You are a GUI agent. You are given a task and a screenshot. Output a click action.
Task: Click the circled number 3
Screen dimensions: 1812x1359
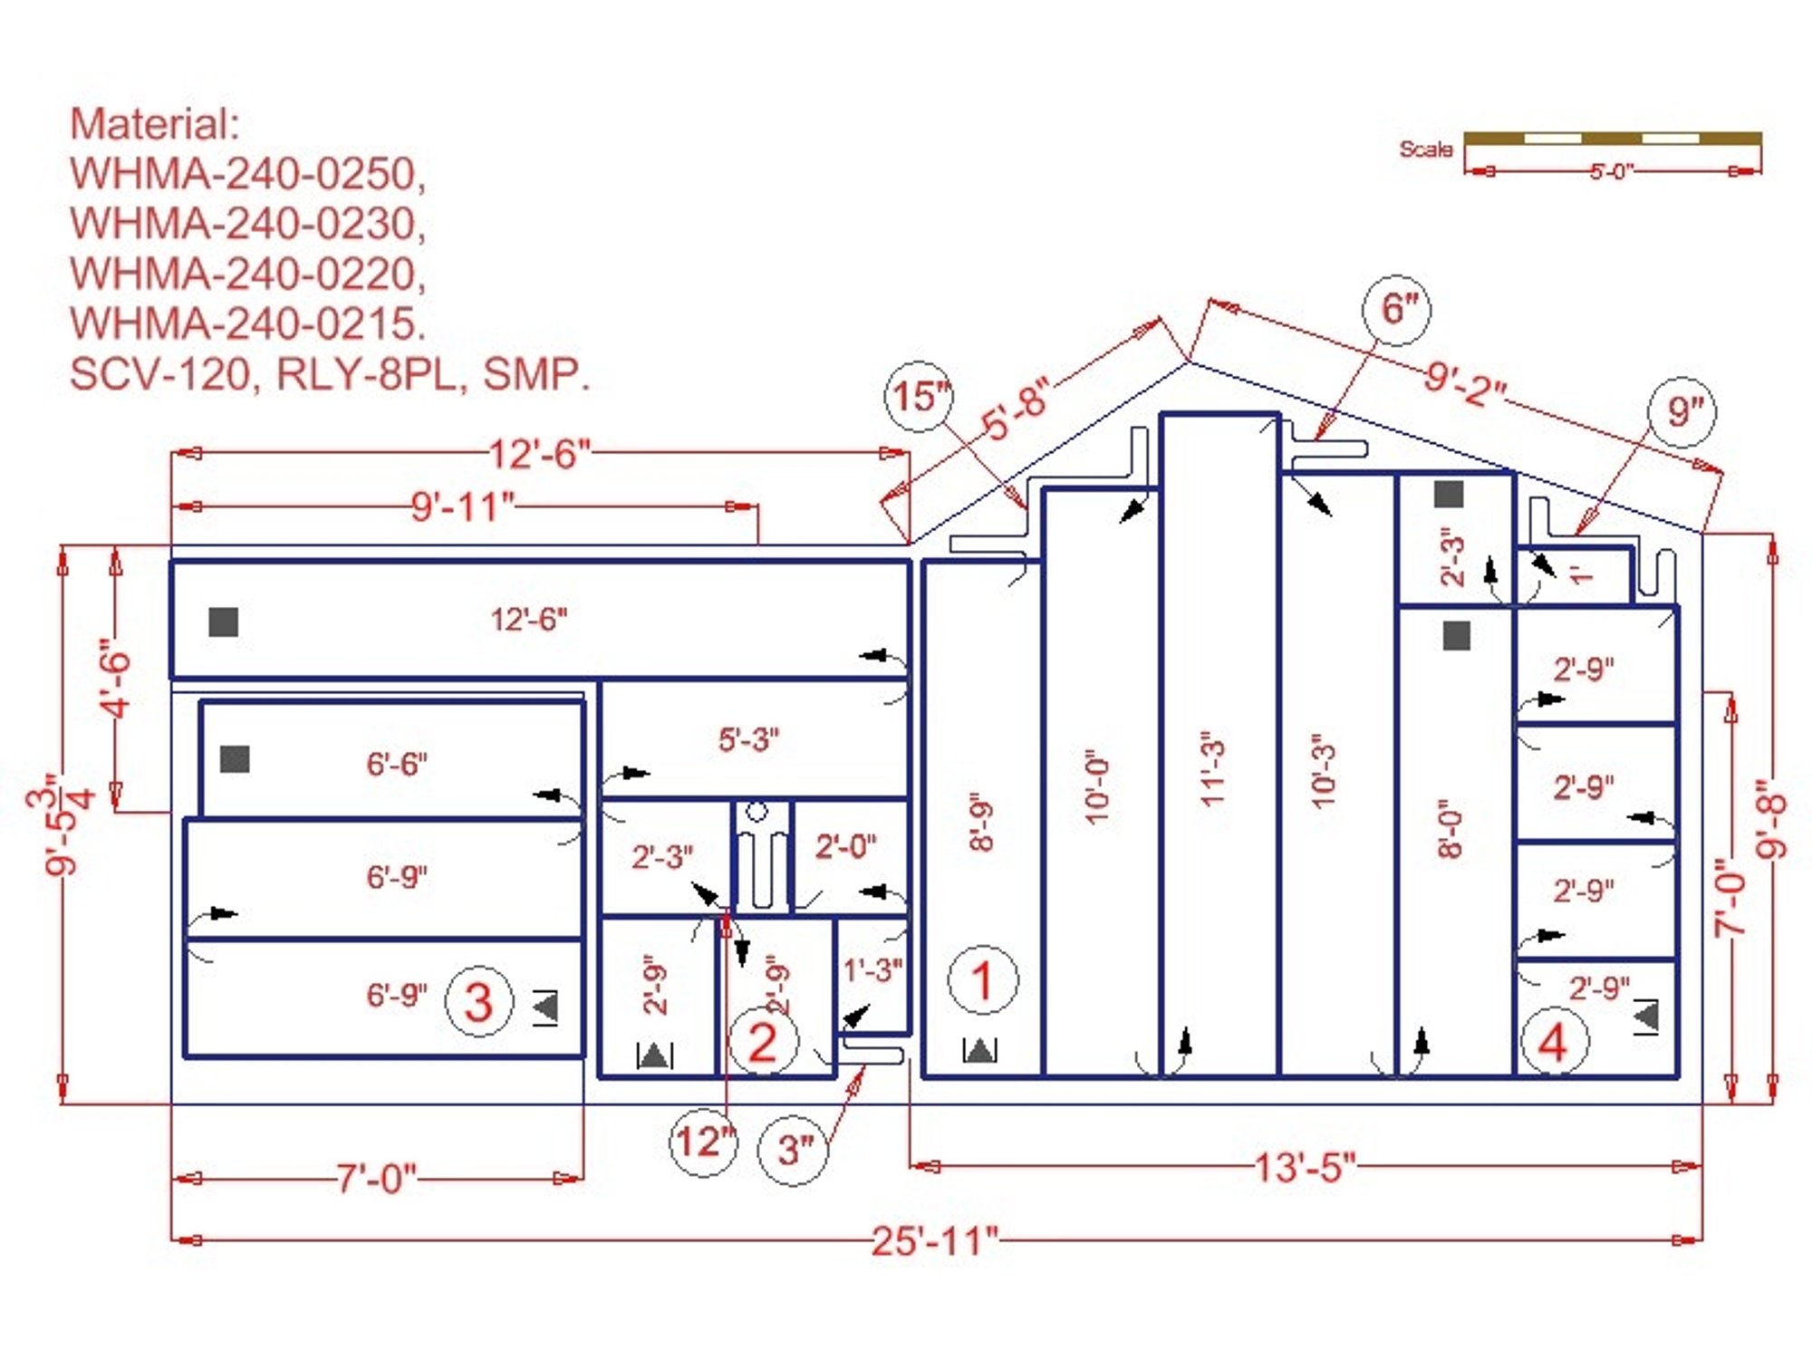tap(478, 1001)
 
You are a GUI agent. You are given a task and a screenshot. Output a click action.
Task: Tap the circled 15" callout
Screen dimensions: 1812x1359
tap(920, 396)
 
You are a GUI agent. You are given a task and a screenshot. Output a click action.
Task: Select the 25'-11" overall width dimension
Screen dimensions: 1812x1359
tap(934, 1240)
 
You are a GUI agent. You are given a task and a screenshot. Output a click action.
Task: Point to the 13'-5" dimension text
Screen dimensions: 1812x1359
tap(1305, 1167)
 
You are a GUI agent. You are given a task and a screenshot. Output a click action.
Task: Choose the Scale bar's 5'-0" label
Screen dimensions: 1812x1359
tap(1610, 171)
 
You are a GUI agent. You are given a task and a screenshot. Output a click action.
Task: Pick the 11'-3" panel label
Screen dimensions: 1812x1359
tap(1212, 768)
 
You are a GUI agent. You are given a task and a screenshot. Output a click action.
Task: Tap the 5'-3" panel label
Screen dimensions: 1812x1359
tap(748, 739)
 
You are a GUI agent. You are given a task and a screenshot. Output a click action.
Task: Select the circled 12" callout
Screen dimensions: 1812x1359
tap(704, 1142)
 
